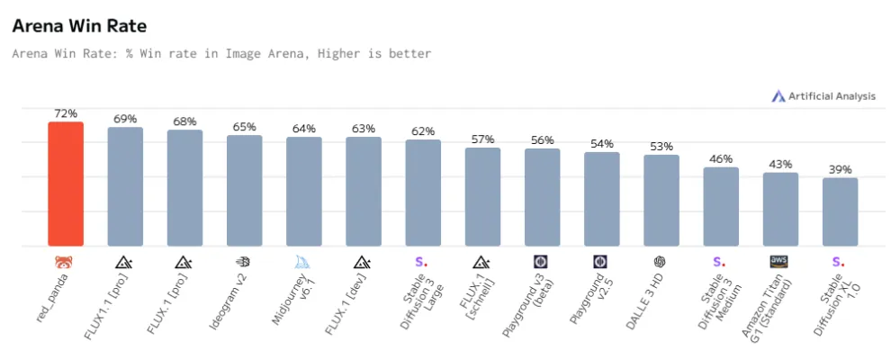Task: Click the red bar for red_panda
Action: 66,184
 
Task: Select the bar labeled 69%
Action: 125,186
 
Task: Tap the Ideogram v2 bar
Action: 244,191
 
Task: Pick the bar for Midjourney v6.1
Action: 304,192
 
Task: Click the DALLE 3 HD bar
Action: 661,201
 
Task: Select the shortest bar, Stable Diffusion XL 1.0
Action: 840,211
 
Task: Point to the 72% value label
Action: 66,113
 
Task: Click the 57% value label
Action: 482,139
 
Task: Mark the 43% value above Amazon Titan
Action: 780,165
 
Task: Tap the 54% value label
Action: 602,144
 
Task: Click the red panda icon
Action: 66,262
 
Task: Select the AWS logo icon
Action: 779,262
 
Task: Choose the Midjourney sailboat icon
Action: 304,262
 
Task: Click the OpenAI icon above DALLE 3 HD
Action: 661,262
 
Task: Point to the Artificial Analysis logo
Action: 823,96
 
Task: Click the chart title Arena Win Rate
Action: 79,27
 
